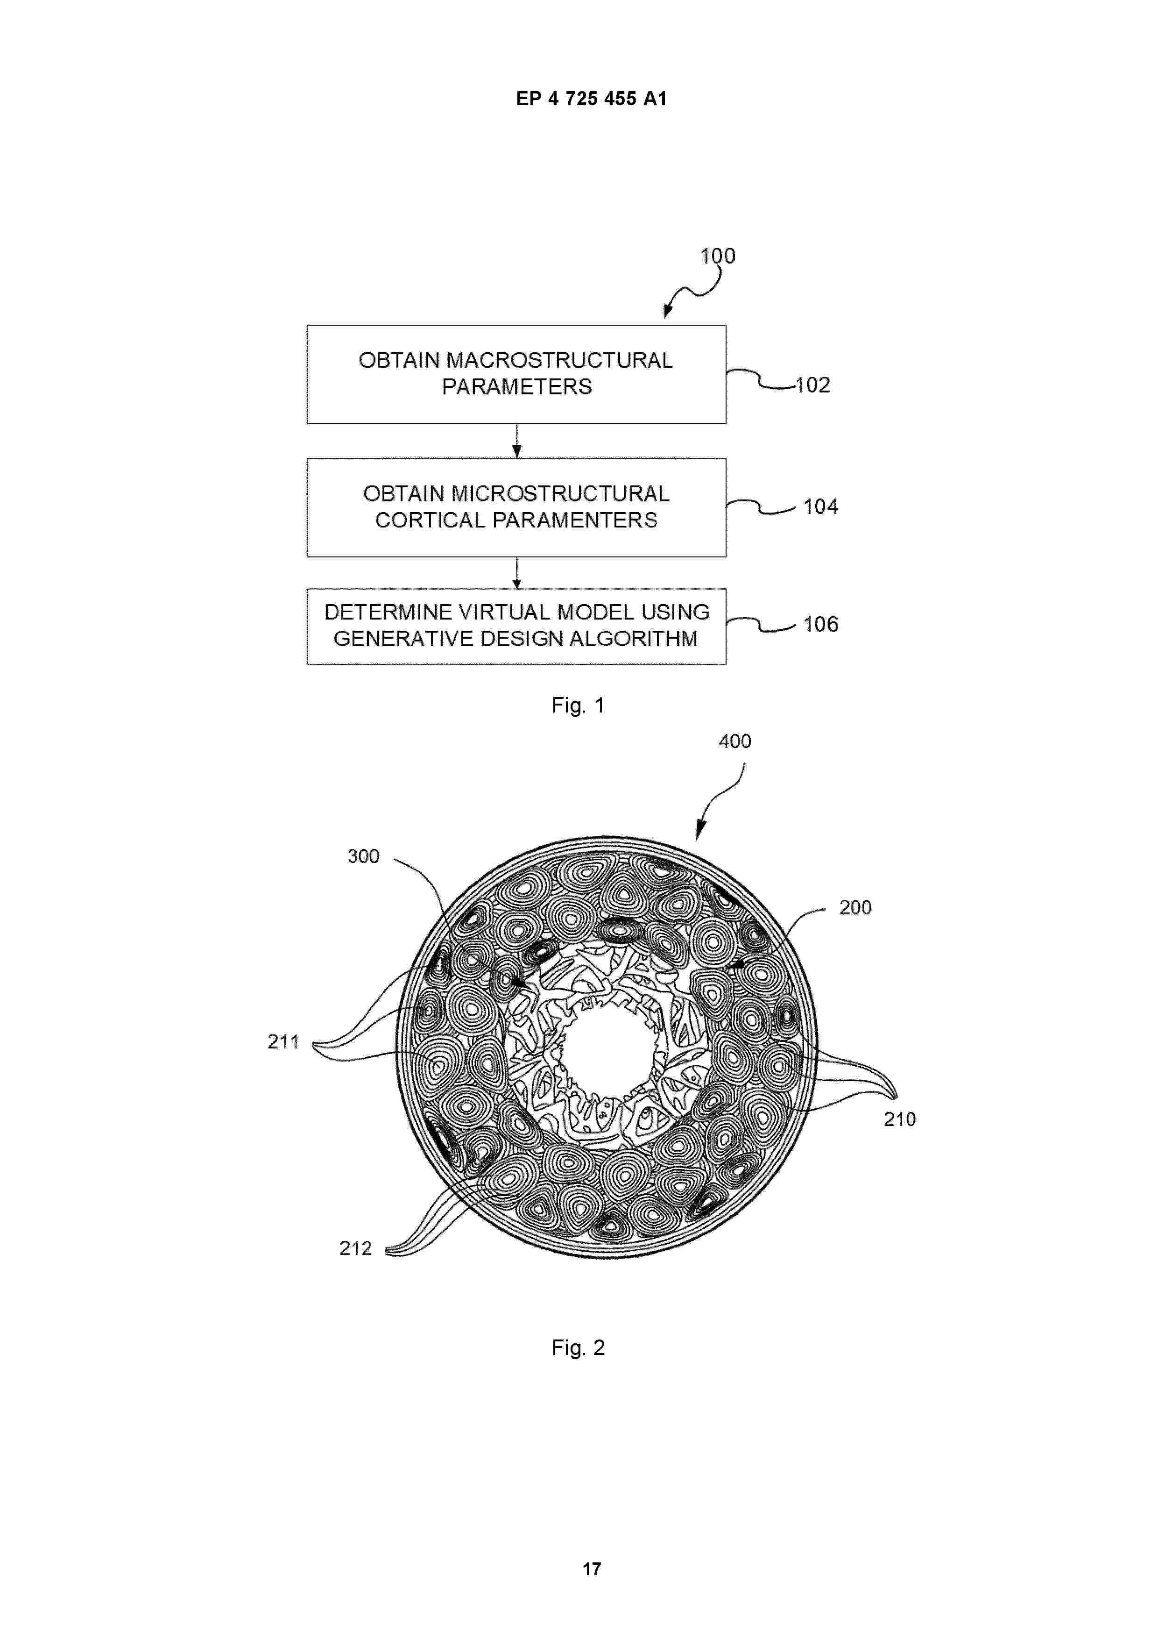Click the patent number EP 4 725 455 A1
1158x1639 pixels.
click(592, 99)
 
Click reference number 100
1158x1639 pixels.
click(717, 256)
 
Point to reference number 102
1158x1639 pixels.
click(812, 385)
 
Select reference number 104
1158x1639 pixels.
click(820, 507)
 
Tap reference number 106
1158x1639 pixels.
click(820, 624)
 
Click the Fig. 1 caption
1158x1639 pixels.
click(578, 705)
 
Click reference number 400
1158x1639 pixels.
click(735, 741)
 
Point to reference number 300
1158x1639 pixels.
click(363, 856)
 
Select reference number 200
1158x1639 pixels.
click(855, 907)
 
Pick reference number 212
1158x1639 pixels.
click(355, 1248)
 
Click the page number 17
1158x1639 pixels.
click(592, 1569)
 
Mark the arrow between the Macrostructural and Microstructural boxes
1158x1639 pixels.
click(516, 441)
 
